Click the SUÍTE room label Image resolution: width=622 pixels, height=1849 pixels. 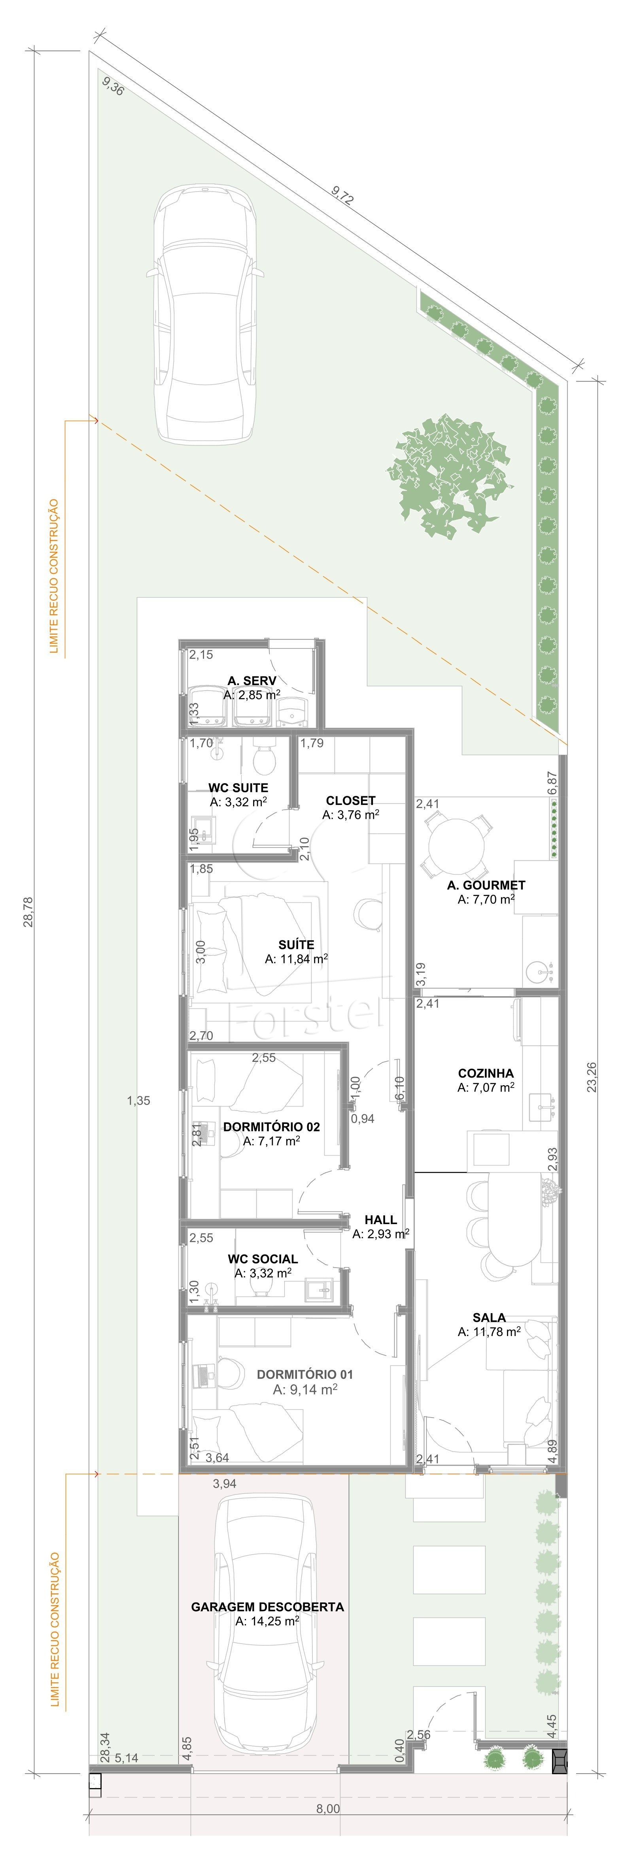coord(296,945)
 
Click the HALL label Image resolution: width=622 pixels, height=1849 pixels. coord(380,1219)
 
